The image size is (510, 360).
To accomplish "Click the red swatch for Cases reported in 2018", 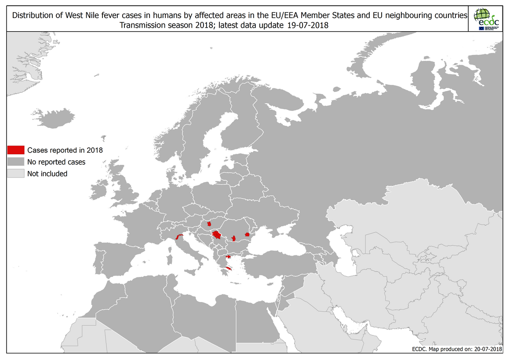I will (x=16, y=150).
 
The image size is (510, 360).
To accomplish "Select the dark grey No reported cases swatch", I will (x=16, y=162).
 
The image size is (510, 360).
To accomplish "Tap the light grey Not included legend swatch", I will (x=16, y=174).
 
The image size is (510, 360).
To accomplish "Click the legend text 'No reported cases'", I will (x=56, y=162).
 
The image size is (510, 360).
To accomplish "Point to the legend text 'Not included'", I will (x=47, y=174).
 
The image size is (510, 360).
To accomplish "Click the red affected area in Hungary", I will (x=204, y=225).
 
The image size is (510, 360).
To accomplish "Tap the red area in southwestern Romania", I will (x=234, y=238).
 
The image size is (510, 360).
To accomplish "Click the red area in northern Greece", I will (x=228, y=257).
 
